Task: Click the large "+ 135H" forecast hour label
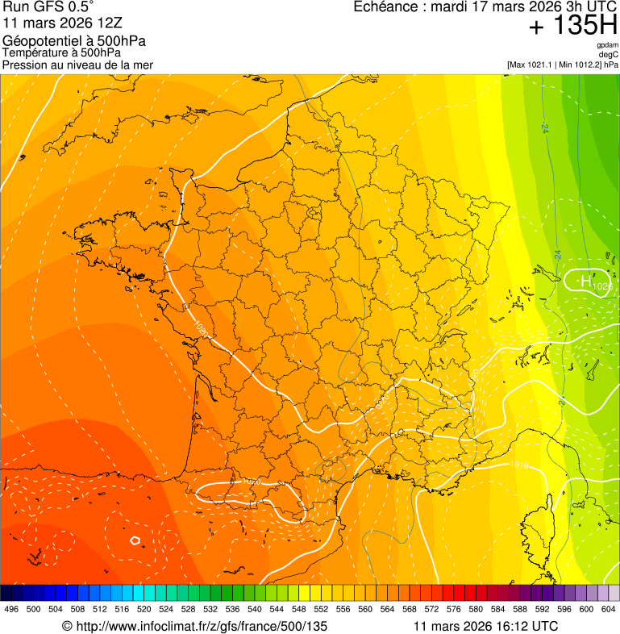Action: pyautogui.click(x=572, y=26)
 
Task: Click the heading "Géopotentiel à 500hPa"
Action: pyautogui.click(x=74, y=41)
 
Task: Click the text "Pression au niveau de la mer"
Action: pyautogui.click(x=77, y=65)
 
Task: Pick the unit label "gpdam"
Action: pyautogui.click(x=608, y=45)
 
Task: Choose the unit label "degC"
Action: pyautogui.click(x=610, y=54)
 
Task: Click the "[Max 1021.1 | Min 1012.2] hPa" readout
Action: pyautogui.click(x=563, y=65)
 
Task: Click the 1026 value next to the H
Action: pyautogui.click(x=602, y=286)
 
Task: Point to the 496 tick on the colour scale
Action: pyautogui.click(x=11, y=610)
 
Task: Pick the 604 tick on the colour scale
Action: pyautogui.click(x=609, y=610)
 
